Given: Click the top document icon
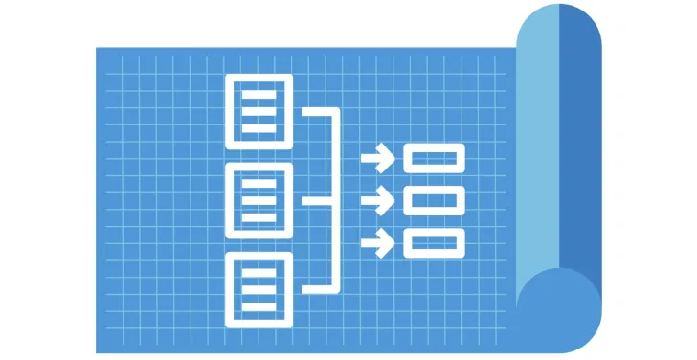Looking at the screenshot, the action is coord(258,110).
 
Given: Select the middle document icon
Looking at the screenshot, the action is coord(258,200).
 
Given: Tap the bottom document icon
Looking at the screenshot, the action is coord(258,289).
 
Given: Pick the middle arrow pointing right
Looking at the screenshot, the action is coord(379,201).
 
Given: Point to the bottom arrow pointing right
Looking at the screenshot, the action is coord(379,243).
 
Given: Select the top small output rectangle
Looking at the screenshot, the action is coord(434,158).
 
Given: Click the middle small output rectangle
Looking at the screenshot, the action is coord(434,201).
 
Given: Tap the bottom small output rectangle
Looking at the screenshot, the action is coord(434,243).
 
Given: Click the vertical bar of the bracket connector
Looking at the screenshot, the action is coord(336,200).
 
